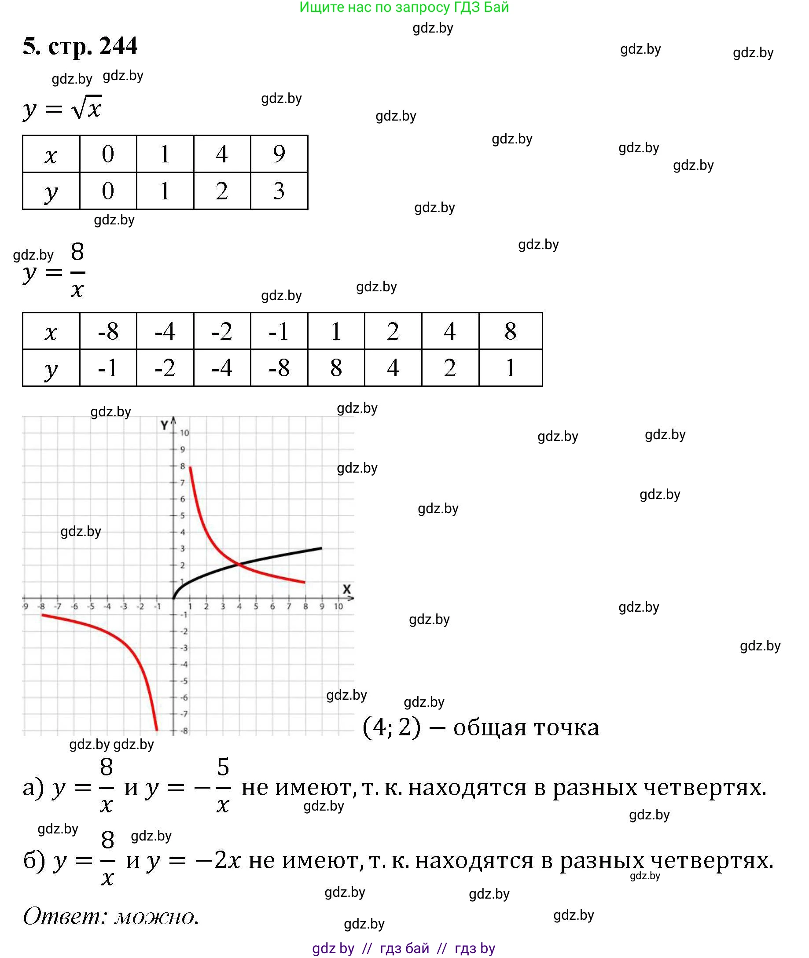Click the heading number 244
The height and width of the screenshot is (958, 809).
[x=118, y=46]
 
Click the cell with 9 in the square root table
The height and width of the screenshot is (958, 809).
[x=279, y=154]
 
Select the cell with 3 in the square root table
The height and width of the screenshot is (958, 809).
[x=279, y=191]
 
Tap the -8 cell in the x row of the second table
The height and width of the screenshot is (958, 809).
[x=108, y=331]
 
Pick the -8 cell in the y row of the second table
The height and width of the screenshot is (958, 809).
[x=279, y=368]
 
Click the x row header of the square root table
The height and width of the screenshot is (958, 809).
[x=51, y=154]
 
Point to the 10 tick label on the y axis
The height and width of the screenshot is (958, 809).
[x=184, y=433]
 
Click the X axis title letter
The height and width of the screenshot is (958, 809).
[x=347, y=589]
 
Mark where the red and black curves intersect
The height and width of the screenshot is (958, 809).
[x=239, y=564]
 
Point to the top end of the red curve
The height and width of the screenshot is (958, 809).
[x=190, y=467]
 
